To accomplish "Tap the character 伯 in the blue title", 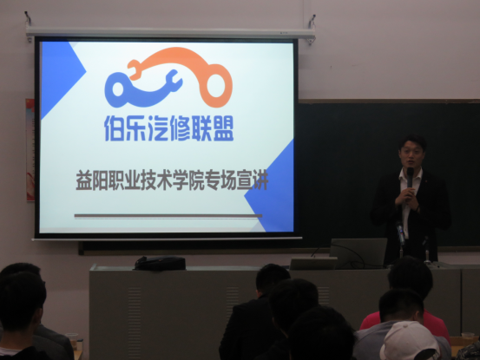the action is (x=115, y=128).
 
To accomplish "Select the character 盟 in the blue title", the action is (x=223, y=128).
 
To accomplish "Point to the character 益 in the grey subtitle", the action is (x=83, y=181).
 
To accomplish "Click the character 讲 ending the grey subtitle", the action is (x=260, y=181).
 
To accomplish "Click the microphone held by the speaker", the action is (x=410, y=177).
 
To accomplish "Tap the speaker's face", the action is (x=411, y=154).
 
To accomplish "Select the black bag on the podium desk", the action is (x=160, y=263).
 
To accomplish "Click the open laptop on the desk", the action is (x=358, y=253).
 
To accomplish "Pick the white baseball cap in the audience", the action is (x=410, y=341).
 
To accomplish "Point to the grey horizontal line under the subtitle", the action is (x=168, y=216).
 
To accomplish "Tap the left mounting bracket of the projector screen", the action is (x=29, y=27).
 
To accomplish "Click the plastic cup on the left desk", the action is (x=72, y=340).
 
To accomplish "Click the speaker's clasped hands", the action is (x=406, y=198).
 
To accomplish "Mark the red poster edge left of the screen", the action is (x=30, y=150).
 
